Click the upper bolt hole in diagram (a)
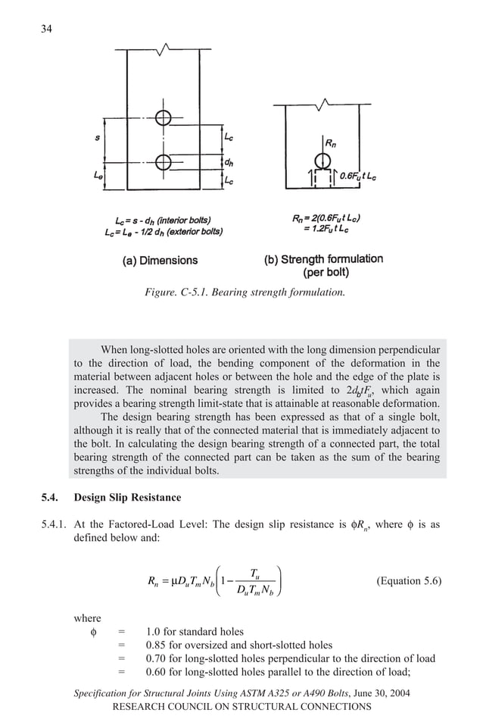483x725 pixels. [x=163, y=117]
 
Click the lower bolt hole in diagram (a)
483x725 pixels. [x=163, y=161]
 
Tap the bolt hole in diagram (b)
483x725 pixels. [x=323, y=160]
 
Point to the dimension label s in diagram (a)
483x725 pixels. [x=97, y=139]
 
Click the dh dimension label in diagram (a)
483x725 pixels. [x=228, y=161]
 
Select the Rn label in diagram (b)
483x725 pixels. [x=332, y=142]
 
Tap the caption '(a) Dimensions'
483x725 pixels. [x=160, y=260]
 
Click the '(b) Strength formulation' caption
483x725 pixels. [x=323, y=259]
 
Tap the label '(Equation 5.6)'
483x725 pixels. [x=408, y=581]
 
